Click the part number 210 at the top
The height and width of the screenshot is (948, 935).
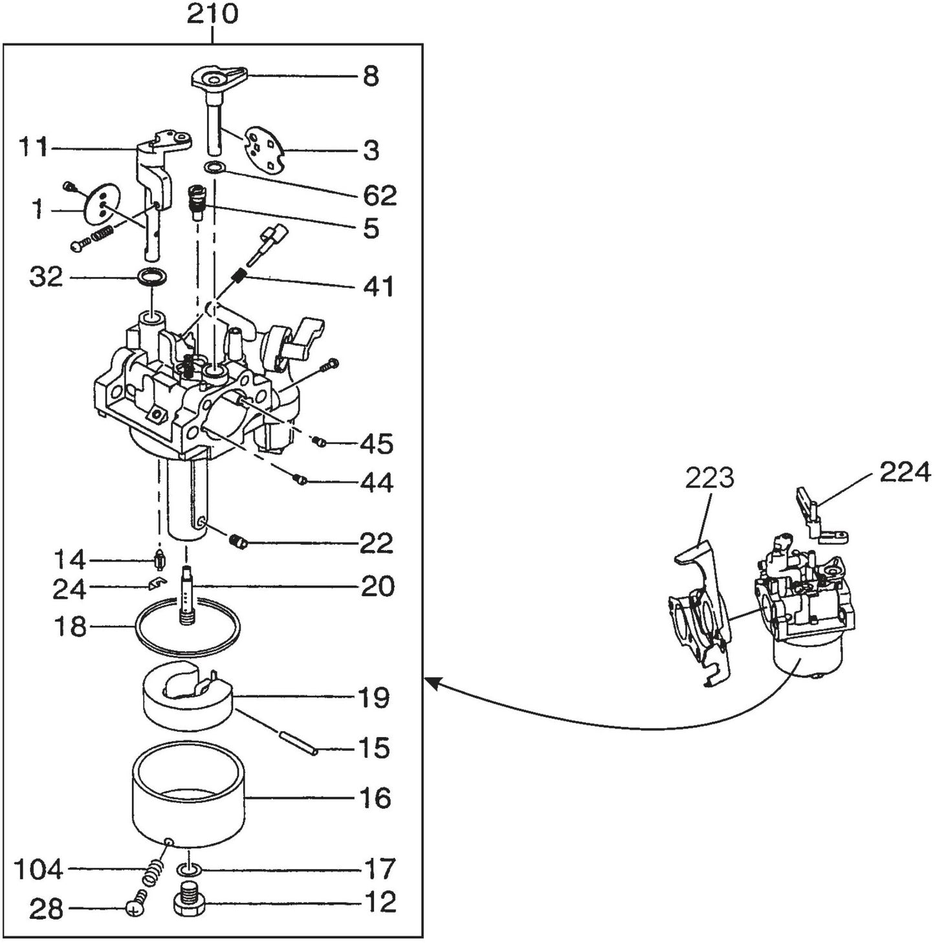[x=212, y=14]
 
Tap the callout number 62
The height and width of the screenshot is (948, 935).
[x=380, y=195]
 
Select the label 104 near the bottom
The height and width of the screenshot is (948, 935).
[x=39, y=870]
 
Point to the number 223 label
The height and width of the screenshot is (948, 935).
[x=710, y=478]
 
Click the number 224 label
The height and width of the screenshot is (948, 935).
[x=905, y=472]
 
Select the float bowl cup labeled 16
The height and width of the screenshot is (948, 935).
[x=190, y=802]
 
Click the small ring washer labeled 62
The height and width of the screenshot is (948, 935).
[x=213, y=169]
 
